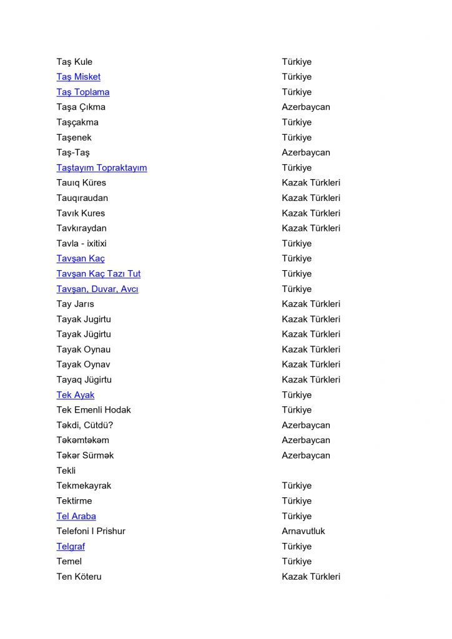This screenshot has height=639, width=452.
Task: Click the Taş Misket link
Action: pyautogui.click(x=78, y=77)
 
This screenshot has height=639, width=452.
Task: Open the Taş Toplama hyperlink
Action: pyautogui.click(x=82, y=92)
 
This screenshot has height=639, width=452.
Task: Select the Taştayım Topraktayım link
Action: pyautogui.click(x=101, y=168)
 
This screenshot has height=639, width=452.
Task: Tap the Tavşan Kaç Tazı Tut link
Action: pyautogui.click(x=98, y=274)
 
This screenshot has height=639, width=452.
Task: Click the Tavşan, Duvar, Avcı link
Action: pyautogui.click(x=97, y=289)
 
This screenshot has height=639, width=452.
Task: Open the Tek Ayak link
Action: pyautogui.click(x=75, y=395)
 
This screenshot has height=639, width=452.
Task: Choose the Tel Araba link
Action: pyautogui.click(x=76, y=516)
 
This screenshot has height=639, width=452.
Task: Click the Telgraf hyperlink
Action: pyautogui.click(x=71, y=547)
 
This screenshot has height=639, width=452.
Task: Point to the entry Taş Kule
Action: pyautogui.click(x=74, y=62)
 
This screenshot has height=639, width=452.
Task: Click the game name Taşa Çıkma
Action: pyautogui.click(x=81, y=107)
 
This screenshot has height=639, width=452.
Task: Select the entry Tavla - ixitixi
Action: pyautogui.click(x=86, y=243)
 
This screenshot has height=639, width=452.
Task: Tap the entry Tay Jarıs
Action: pyautogui.click(x=76, y=304)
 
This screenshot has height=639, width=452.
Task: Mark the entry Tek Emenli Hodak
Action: pyautogui.click(x=93, y=410)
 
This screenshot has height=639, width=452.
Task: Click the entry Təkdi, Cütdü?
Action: pyautogui.click(x=84, y=425)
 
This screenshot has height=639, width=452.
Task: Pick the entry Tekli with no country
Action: pyautogui.click(x=66, y=471)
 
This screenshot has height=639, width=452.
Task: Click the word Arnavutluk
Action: pyautogui.click(x=303, y=531)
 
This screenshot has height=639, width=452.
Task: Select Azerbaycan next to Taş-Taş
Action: pyautogui.click(x=305, y=153)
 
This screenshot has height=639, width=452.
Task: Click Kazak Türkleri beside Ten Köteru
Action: pyautogui.click(x=310, y=577)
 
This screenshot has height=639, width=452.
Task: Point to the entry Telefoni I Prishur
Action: pyautogui.click(x=91, y=531)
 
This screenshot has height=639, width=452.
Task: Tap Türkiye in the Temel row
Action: pyautogui.click(x=296, y=562)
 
